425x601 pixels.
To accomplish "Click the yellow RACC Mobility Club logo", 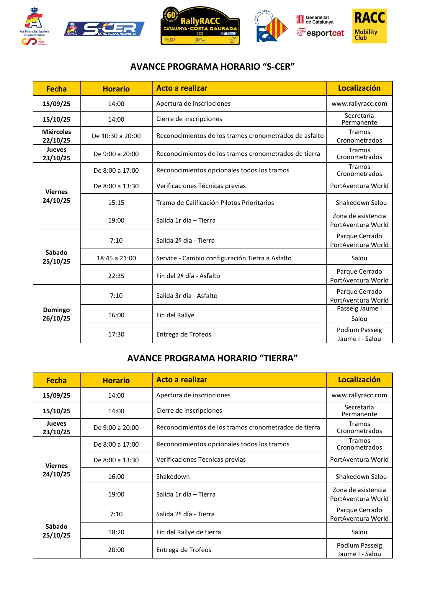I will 370,26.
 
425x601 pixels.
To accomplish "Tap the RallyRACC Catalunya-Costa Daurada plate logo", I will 200,26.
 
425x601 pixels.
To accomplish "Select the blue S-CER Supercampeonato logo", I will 104,29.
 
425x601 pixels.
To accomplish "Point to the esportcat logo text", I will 321,32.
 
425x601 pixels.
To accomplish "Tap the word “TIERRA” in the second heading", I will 278,358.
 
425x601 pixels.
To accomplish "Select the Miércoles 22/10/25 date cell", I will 56,136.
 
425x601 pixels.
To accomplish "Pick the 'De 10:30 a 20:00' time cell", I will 116,136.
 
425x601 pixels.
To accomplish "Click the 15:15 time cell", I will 116,202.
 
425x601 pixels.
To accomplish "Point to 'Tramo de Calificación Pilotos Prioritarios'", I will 215,202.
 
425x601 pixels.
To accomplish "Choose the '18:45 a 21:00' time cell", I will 116,258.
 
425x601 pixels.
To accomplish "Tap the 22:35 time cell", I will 116,276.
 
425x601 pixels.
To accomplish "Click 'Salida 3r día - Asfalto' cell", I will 187,295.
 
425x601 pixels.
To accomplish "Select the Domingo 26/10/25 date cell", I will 56,314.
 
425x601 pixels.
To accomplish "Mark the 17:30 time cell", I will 116,334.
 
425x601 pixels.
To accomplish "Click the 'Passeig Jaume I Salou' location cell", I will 359,313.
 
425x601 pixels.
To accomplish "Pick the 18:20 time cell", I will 116,532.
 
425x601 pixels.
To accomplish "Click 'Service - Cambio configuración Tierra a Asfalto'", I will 224,258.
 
